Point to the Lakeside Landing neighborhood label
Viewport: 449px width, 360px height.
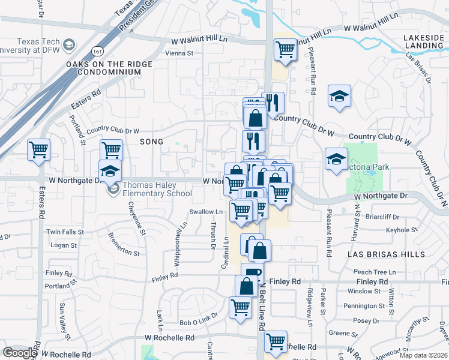coord(423,41)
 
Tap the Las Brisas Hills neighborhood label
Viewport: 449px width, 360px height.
coord(387,254)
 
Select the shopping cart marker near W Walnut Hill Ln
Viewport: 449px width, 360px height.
coord(285,50)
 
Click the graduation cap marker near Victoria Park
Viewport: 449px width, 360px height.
coord(336,159)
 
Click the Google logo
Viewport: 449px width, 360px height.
coord(19,353)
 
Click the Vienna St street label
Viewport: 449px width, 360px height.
coord(179,53)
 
